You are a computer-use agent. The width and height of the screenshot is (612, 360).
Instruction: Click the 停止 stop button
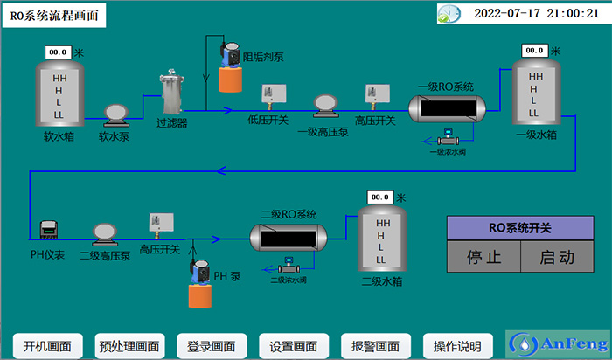[x=483, y=258]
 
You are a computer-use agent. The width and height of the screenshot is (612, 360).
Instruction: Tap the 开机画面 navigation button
[x=46, y=345]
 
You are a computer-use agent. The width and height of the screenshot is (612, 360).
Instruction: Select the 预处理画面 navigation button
[x=129, y=345]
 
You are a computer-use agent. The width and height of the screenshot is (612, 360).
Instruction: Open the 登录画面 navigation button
[x=211, y=345]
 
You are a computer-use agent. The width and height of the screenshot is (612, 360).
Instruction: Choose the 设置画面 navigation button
[x=293, y=345]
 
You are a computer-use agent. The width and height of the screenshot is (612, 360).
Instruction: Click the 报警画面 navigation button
[x=375, y=345]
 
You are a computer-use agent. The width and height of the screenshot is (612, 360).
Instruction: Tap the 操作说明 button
[x=457, y=345]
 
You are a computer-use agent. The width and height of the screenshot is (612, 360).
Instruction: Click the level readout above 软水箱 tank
[x=58, y=52]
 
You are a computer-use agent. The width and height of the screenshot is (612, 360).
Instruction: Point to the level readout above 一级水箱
[x=535, y=51]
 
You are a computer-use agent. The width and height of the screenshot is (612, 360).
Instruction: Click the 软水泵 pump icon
[x=115, y=113]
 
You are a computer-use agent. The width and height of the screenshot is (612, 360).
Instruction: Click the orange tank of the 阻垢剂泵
[x=230, y=79]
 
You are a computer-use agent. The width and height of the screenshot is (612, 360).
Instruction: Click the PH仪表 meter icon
[x=49, y=231]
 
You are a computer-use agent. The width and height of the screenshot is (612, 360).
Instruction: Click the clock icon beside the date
[x=449, y=14]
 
